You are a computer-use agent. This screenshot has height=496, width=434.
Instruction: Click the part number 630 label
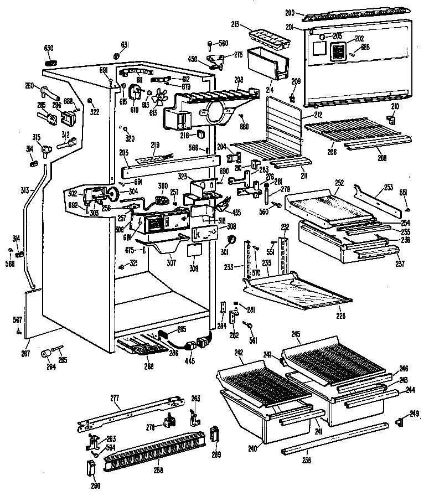click(x=49, y=48)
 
